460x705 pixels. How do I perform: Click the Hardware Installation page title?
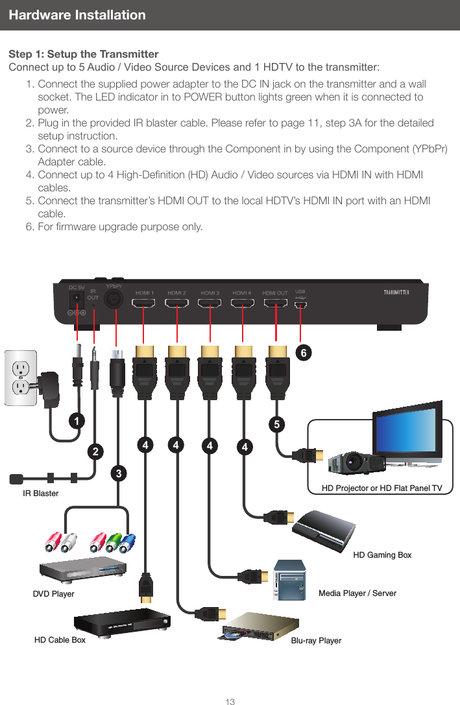coord(77,15)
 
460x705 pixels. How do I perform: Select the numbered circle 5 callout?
coord(277,425)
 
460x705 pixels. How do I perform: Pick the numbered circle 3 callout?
coord(118,473)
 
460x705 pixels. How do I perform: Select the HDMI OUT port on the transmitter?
coord(275,304)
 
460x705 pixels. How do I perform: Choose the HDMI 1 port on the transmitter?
coord(144,304)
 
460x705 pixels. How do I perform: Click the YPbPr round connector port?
coord(114,299)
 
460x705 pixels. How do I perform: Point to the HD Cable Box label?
coord(60,640)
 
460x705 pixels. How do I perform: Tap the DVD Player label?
coord(53,593)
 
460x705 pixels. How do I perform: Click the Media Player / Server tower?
coord(289,579)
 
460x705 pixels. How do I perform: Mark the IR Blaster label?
coord(41,494)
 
